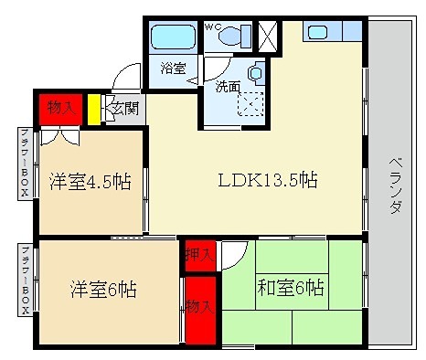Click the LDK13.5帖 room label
pyautogui.click(x=267, y=180)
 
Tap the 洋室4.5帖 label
pyautogui.click(x=89, y=182)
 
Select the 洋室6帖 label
pyautogui.click(x=104, y=291)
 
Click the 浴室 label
pyautogui.click(x=172, y=68)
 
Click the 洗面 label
pyautogui.click(x=228, y=88)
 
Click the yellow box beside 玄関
pyautogui.click(x=93, y=110)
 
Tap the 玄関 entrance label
pyautogui.click(x=122, y=110)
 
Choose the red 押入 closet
pyautogui.click(x=198, y=252)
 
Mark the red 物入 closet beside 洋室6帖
pyautogui.click(x=198, y=310)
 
